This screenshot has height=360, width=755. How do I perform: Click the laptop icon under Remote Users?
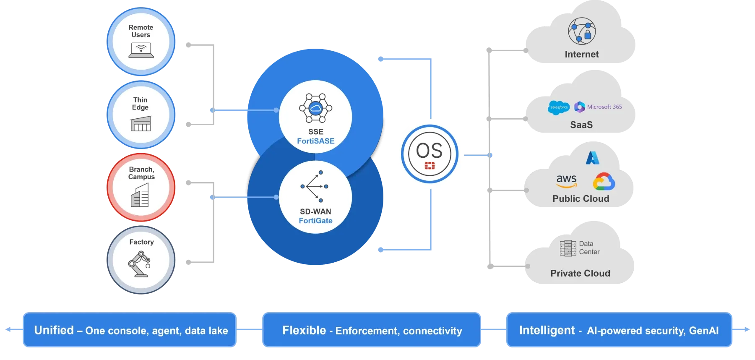[141, 50]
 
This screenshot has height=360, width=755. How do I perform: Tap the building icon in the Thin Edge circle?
[141, 124]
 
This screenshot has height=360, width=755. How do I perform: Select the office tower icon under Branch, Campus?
[140, 195]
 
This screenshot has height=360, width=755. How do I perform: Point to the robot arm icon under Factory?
[140, 264]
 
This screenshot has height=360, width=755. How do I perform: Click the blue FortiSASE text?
[315, 141]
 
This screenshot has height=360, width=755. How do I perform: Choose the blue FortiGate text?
[315, 221]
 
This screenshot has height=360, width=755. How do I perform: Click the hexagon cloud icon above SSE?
[315, 108]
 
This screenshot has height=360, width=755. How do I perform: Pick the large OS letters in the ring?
[429, 150]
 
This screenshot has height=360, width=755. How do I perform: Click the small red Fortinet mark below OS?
[430, 166]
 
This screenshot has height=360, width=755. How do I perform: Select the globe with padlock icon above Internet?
[582, 31]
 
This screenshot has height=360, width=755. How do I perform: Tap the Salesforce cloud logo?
[559, 107]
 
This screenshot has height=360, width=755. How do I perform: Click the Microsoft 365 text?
[604, 107]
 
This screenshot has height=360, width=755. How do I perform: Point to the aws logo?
[567, 180]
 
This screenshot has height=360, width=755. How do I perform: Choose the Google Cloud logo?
[604, 182]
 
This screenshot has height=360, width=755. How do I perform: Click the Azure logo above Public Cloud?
[593, 158]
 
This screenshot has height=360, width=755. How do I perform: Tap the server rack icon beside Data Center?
[568, 248]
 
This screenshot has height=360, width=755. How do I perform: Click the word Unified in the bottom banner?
[54, 330]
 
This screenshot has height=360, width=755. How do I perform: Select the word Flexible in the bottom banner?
[304, 330]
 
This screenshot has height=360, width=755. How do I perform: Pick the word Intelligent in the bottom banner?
[547, 330]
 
